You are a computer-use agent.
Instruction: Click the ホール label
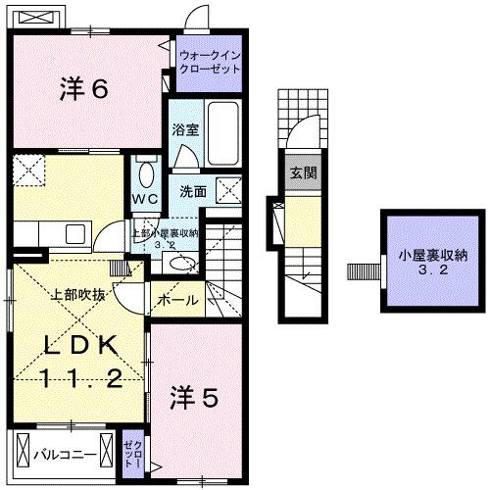(177, 300)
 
